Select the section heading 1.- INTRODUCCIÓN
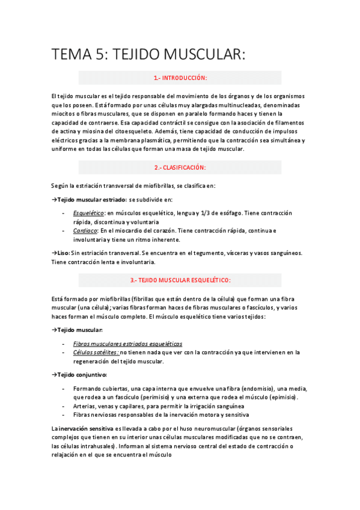pyautogui.click(x=180, y=78)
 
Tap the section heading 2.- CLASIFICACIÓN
pyautogui.click(x=180, y=167)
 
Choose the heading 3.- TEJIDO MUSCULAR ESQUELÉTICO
pyautogui.click(x=180, y=280)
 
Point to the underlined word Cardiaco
pyautogui.click(x=85, y=231)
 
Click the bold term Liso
pyautogui.click(x=63, y=253)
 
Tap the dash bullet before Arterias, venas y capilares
pyautogui.click(x=64, y=407)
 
